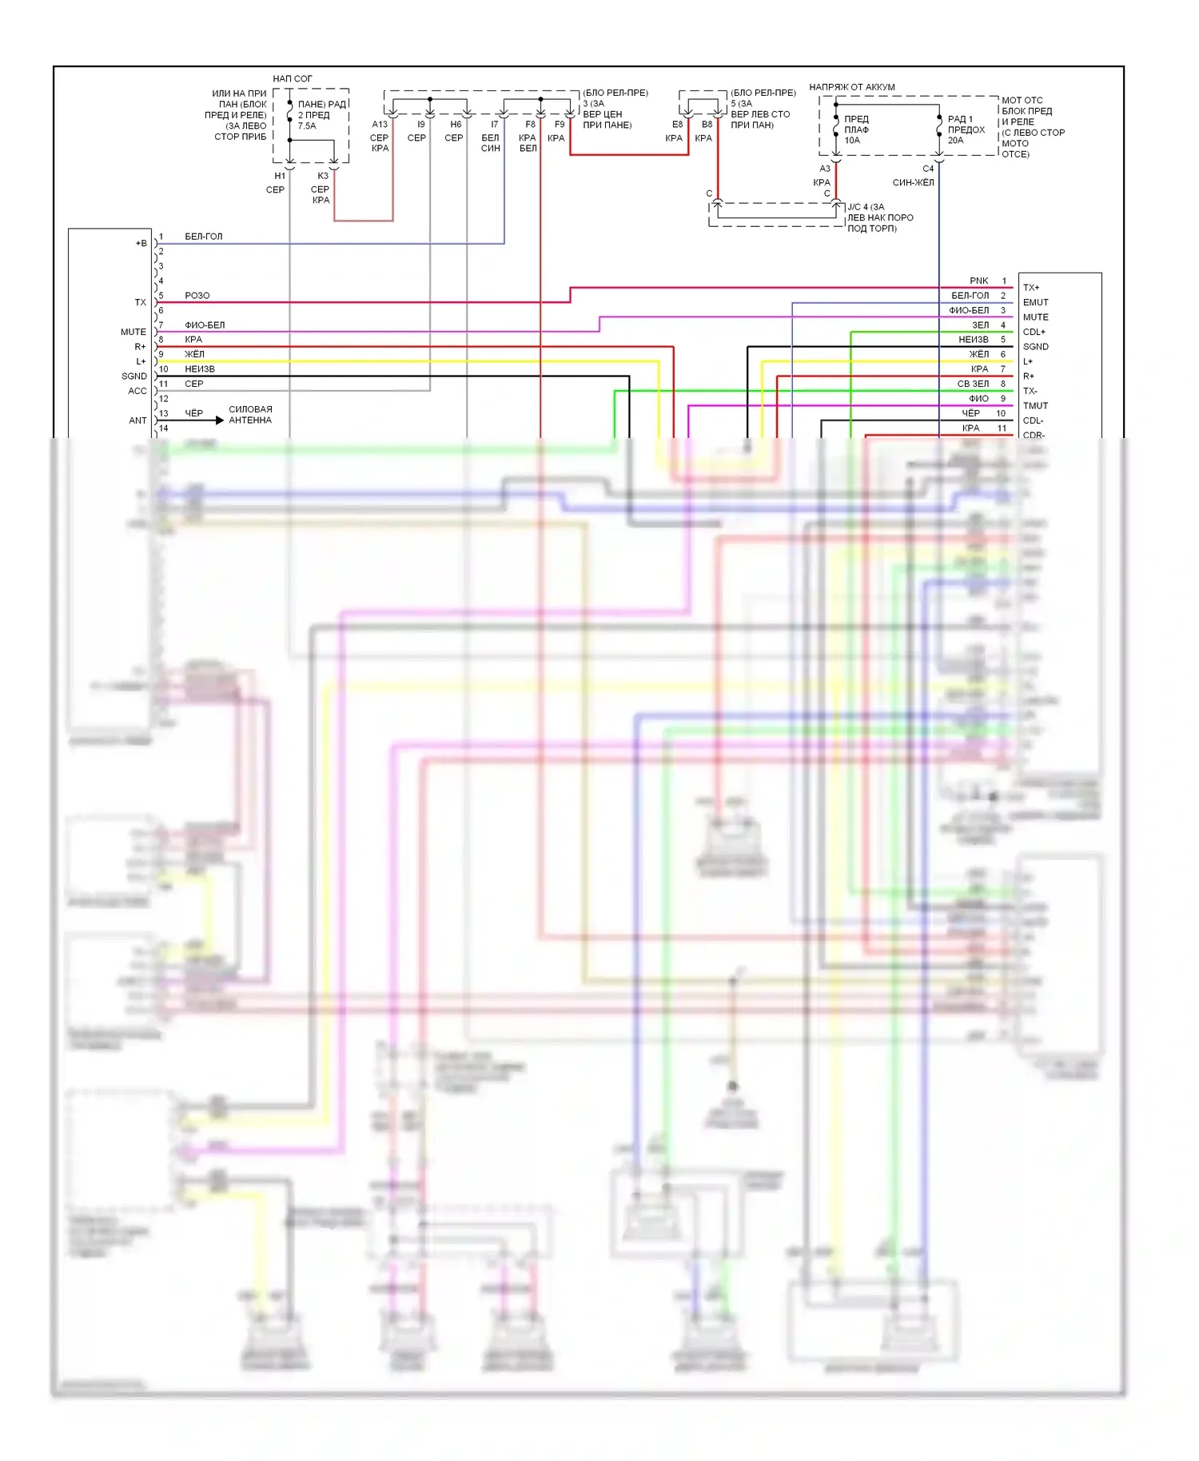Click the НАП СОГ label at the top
click(x=292, y=78)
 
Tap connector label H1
click(x=280, y=176)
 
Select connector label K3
click(x=323, y=176)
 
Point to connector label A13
click(x=380, y=124)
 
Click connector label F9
click(x=560, y=124)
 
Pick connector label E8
click(x=677, y=124)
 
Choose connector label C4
click(x=928, y=169)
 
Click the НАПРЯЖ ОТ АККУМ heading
click(x=852, y=87)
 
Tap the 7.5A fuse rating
click(x=307, y=126)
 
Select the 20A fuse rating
click(x=955, y=141)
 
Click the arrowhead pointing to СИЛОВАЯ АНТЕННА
click(x=219, y=420)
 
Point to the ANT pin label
click(x=137, y=420)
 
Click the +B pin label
click(x=141, y=243)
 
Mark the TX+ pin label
click(x=1031, y=288)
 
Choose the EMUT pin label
click(x=1035, y=302)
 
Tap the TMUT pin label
click(x=1035, y=406)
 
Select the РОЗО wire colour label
click(x=197, y=296)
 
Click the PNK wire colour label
click(x=979, y=281)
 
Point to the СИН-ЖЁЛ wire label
click(x=913, y=183)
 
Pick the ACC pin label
click(x=137, y=391)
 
